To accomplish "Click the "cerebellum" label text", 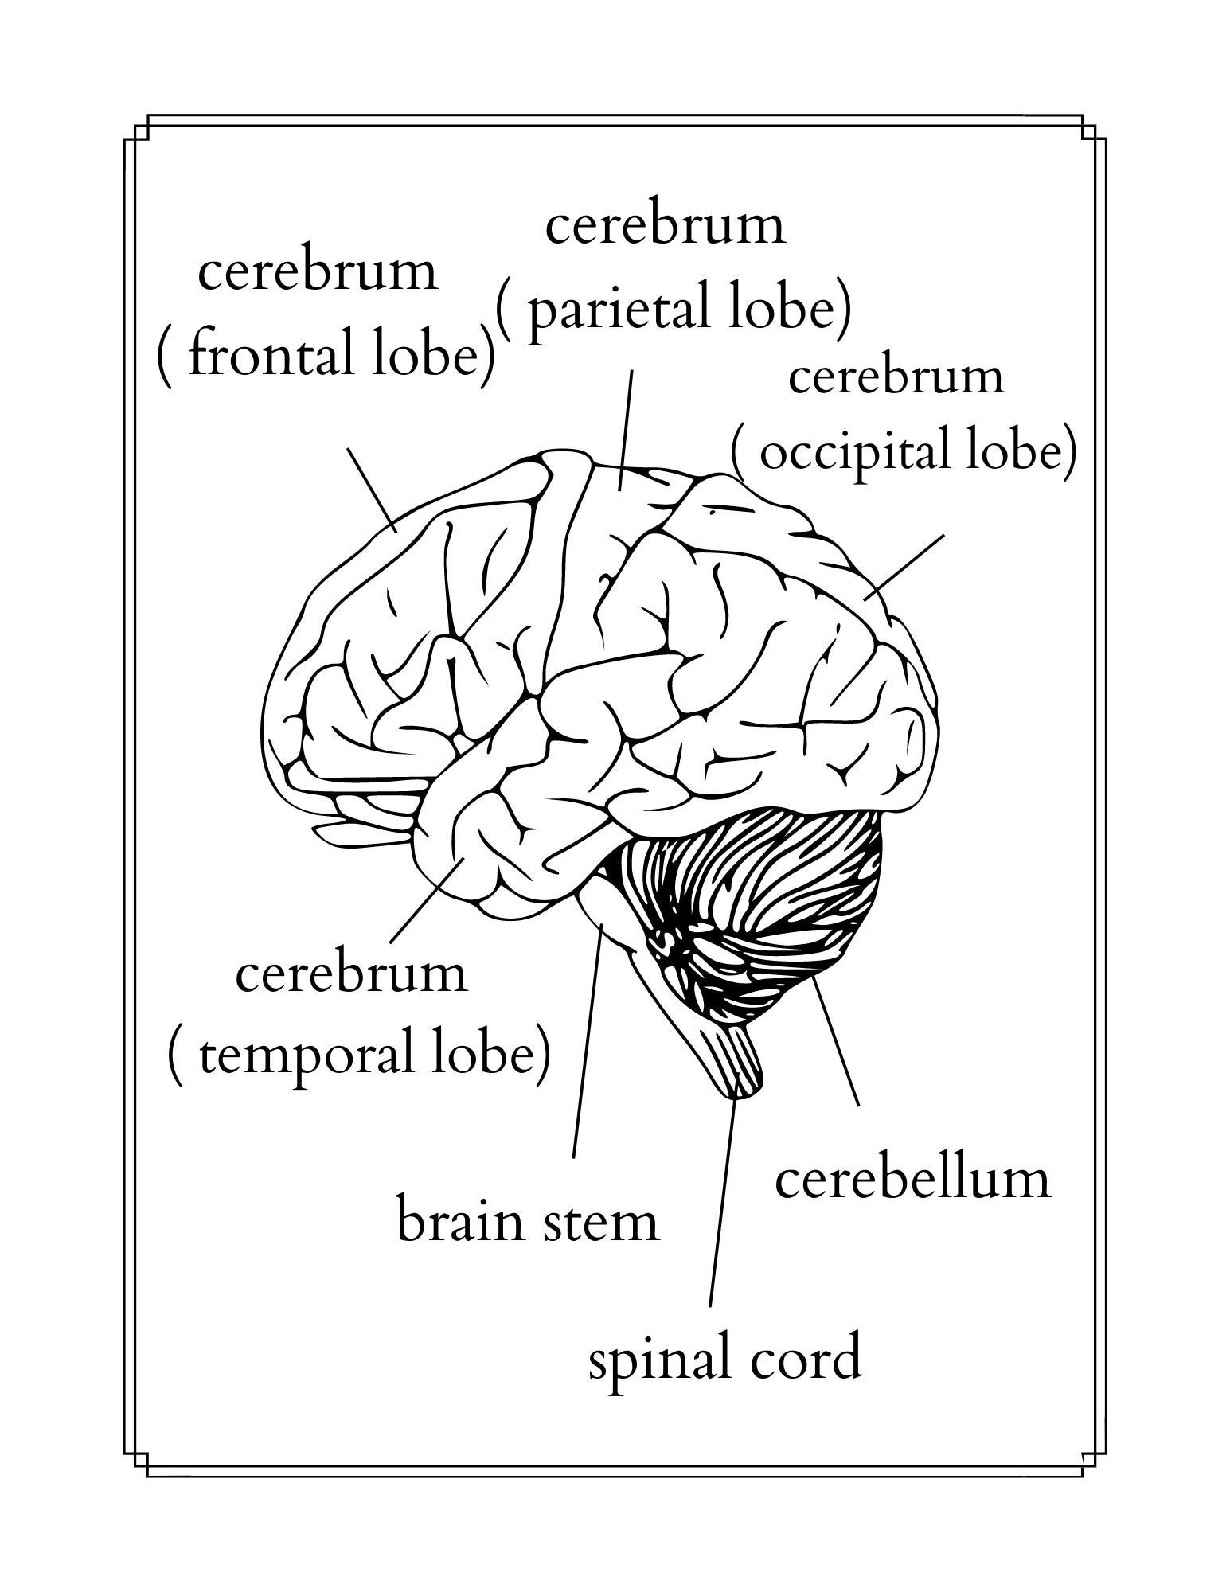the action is [x=912, y=1179].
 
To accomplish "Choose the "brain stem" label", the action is [x=528, y=1222].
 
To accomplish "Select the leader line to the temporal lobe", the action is [x=428, y=899].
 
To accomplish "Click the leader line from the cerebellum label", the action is [x=834, y=1040].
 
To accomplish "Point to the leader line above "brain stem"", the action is [x=587, y=1043].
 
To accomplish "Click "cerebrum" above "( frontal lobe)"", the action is [x=318, y=271].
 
